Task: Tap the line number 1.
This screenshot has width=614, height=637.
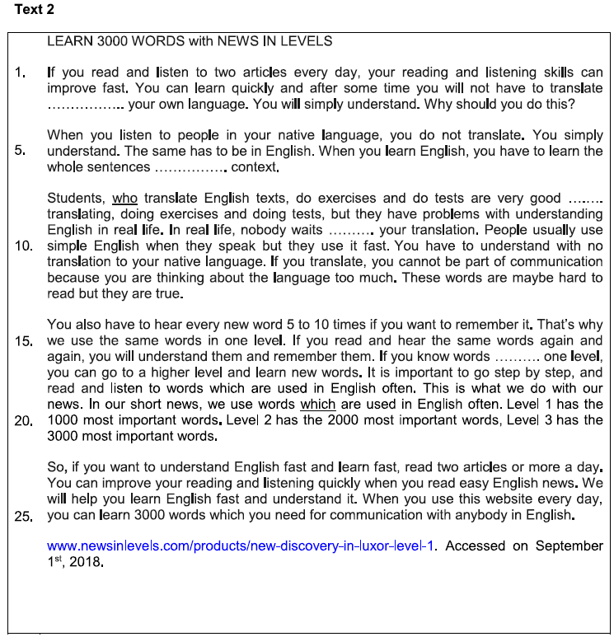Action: [21, 73]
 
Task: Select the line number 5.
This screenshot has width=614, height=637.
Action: [21, 151]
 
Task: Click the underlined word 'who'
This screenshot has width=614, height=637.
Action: [124, 198]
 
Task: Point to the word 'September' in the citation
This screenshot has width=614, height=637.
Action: [569, 546]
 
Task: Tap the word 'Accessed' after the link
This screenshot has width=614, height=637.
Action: [474, 546]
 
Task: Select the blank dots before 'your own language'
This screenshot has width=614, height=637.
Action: [85, 105]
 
